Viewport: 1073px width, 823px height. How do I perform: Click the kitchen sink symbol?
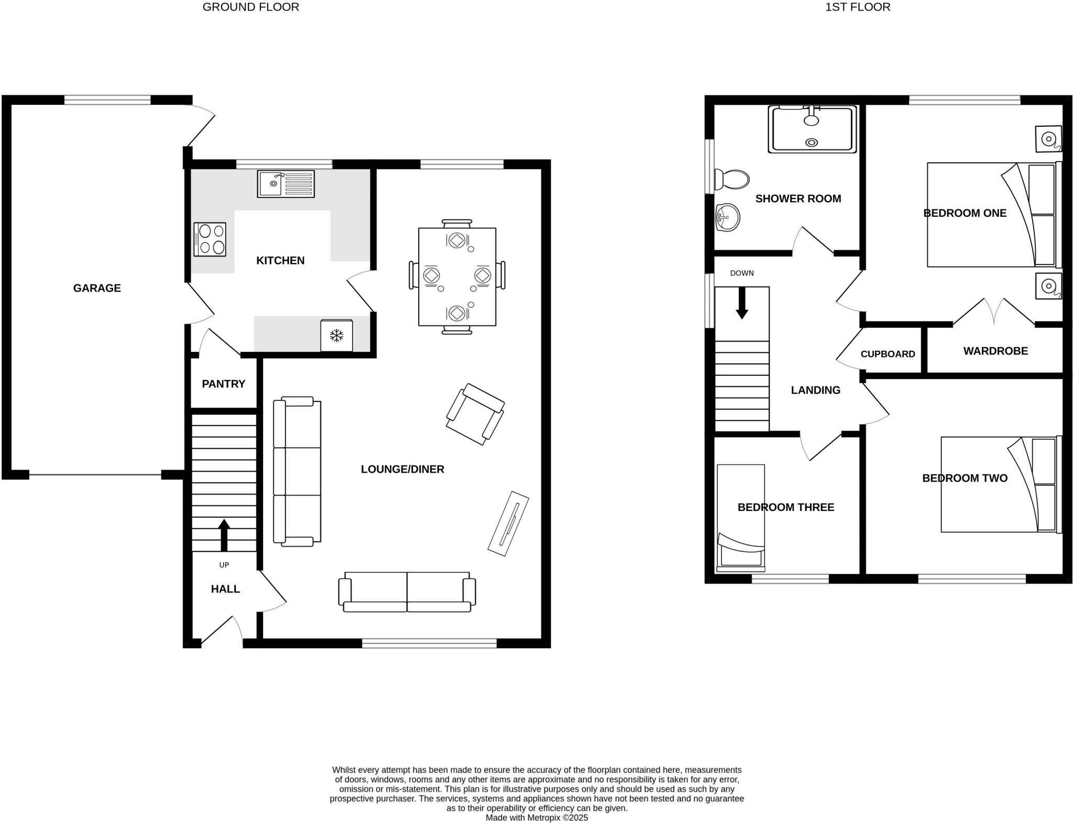(x=286, y=184)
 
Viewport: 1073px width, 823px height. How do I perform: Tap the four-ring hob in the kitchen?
(x=210, y=239)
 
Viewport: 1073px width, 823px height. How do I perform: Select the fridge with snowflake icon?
(x=336, y=336)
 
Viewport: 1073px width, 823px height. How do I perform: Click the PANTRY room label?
(x=224, y=384)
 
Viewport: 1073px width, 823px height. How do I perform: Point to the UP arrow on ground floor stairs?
(x=224, y=534)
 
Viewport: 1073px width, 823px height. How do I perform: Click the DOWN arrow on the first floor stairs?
(x=742, y=304)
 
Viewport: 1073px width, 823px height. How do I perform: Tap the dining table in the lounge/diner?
(x=457, y=276)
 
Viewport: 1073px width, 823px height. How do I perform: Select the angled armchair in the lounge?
(x=475, y=414)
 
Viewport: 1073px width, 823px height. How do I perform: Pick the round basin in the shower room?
(x=728, y=217)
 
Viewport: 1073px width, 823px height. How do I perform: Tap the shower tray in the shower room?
(x=812, y=129)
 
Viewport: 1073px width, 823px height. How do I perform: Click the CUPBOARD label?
(x=888, y=354)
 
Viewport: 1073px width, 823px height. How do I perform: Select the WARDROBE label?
(x=995, y=351)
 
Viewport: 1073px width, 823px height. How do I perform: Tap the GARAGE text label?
(x=97, y=288)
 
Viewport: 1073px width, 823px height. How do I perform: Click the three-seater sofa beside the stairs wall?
(x=297, y=472)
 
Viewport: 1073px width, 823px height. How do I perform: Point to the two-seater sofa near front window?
(x=407, y=592)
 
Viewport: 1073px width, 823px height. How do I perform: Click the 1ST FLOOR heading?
(x=858, y=7)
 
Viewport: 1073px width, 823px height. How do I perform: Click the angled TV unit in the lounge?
(x=508, y=524)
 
